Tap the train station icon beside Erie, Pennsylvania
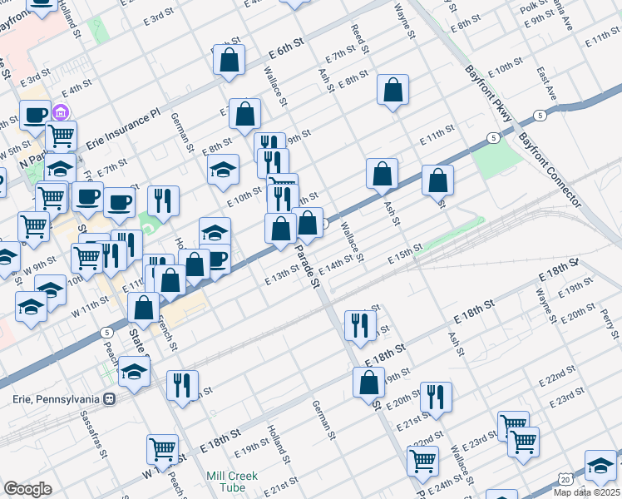(x=109, y=398)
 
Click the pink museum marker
(x=60, y=112)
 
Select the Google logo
(x=27, y=488)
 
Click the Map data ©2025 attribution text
(x=586, y=492)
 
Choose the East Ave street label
(x=545, y=84)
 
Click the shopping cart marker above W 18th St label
(x=162, y=449)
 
